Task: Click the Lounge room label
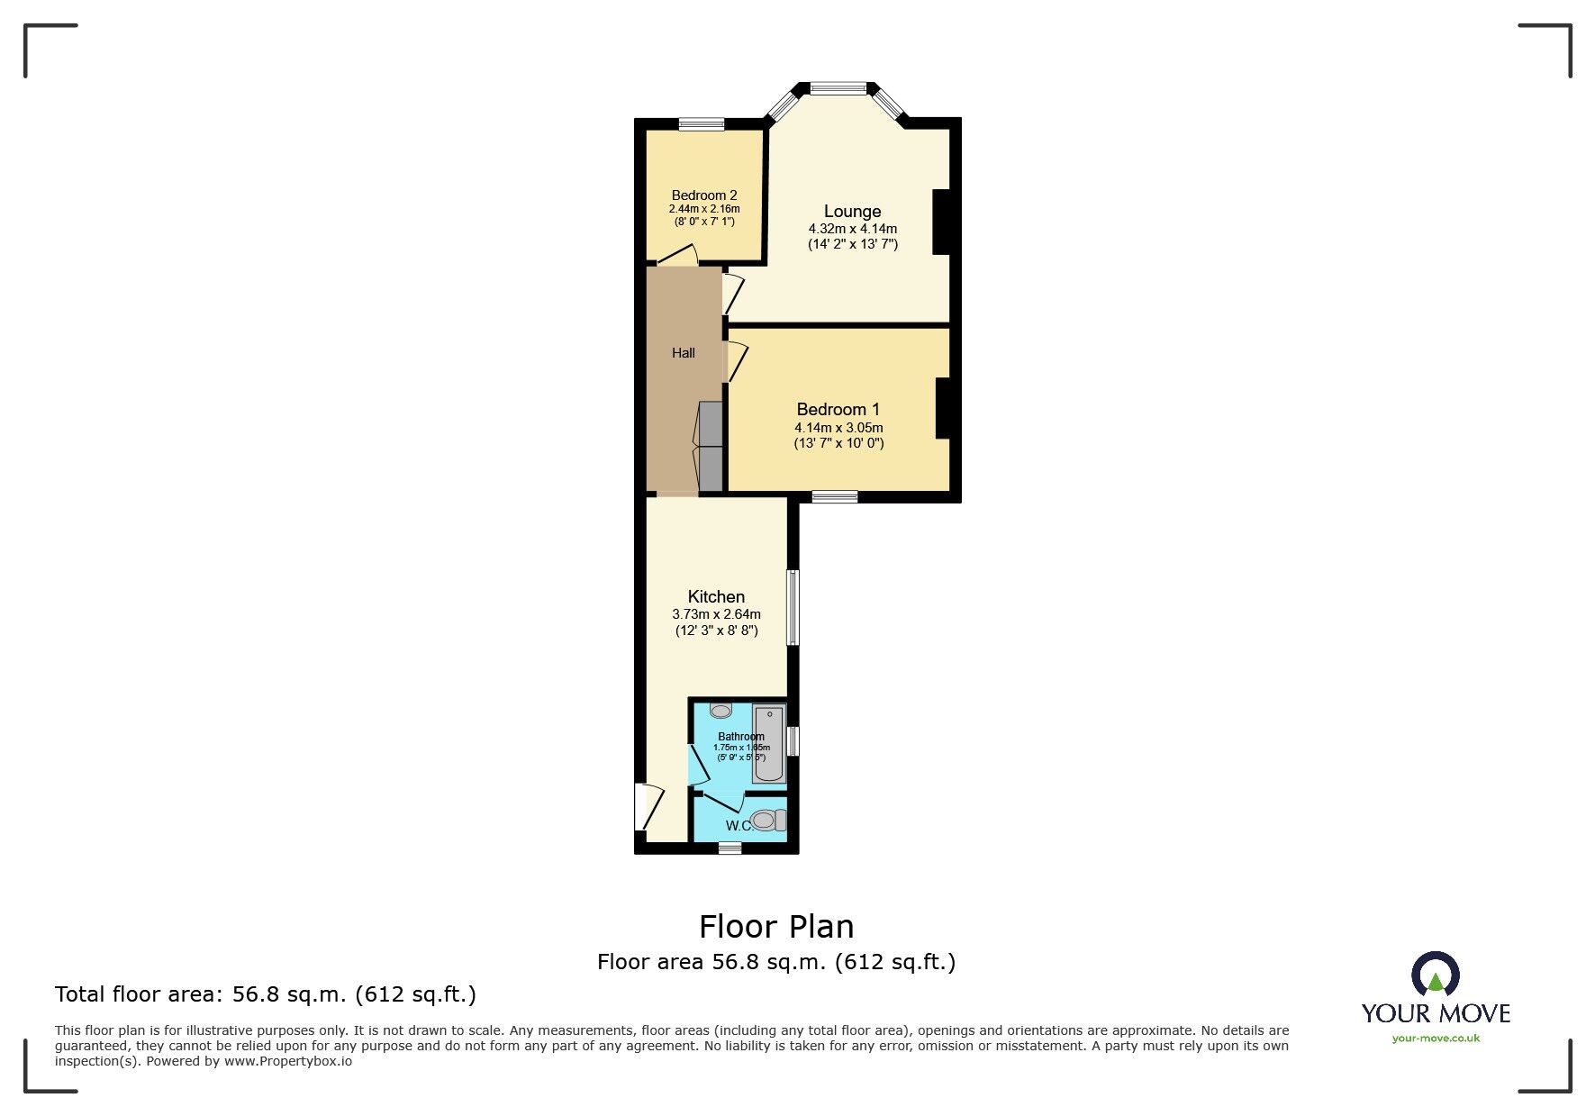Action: [x=852, y=212]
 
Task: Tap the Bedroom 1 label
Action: [x=838, y=410]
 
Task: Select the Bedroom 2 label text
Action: [x=704, y=195]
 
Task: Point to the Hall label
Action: [x=684, y=353]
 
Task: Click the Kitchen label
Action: [x=716, y=596]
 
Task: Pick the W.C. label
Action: [x=739, y=825]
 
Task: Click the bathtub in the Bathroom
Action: [x=769, y=744]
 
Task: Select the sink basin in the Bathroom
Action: [x=720, y=711]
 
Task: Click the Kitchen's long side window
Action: [x=793, y=606]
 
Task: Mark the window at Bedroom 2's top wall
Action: [x=702, y=124]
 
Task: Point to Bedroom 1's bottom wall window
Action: [x=834, y=496]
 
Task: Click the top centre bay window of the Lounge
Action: [x=838, y=88]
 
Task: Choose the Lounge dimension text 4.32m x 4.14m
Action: [x=852, y=229]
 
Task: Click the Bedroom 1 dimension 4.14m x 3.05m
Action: [x=838, y=428]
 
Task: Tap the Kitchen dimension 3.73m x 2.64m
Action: [x=716, y=614]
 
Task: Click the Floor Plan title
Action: [x=776, y=926]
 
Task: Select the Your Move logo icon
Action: [x=1435, y=975]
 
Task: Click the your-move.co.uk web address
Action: [x=1436, y=1039]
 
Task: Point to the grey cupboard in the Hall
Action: [x=711, y=448]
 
